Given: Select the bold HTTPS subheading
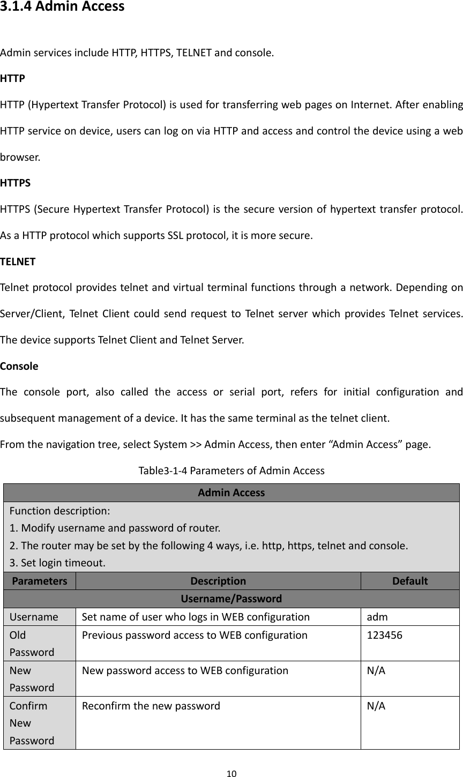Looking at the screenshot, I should [16, 183].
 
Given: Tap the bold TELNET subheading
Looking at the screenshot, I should [18, 262].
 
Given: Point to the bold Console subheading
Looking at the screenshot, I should [19, 367].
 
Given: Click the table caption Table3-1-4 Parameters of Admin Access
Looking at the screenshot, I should [231, 471].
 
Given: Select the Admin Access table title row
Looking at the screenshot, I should [231, 492].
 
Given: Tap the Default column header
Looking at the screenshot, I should [410, 581].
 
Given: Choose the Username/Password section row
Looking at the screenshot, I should [231, 599].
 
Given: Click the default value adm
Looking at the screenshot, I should [377, 617].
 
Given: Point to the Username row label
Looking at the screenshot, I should [34, 617].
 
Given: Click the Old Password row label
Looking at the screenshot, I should [32, 644].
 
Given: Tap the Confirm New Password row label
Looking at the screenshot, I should [32, 723].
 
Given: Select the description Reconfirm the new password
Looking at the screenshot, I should [151, 706].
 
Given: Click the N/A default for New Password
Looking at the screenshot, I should [376, 670].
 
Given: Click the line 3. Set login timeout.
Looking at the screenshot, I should [58, 563].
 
